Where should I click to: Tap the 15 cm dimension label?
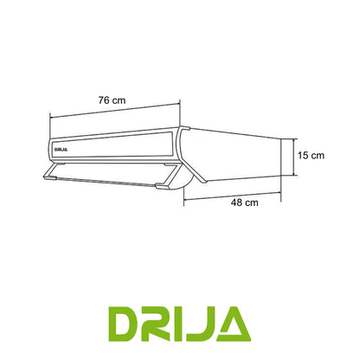pos(309,156)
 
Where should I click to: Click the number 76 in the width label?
pos(105,100)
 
